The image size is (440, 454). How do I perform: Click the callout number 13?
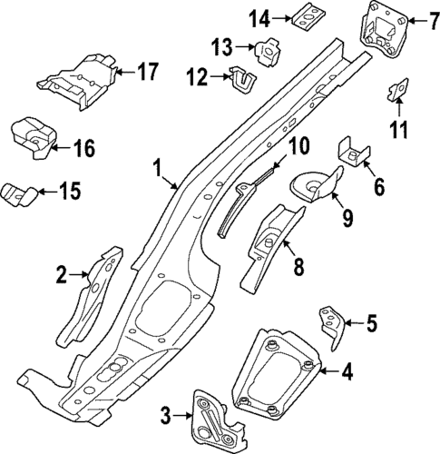pos(223,47)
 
